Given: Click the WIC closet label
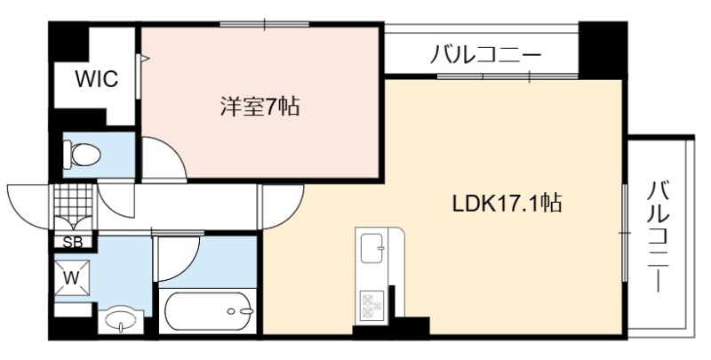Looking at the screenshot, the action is click(x=97, y=79).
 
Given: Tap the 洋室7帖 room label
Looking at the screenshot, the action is click(x=260, y=108).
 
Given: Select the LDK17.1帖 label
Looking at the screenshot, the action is click(x=507, y=204).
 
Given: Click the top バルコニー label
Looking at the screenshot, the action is click(x=485, y=55).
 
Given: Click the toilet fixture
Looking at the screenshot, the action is click(x=82, y=154).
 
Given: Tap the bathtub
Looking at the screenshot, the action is click(x=208, y=311).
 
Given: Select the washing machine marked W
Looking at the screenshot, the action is click(x=72, y=278).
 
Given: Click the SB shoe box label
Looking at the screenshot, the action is click(x=73, y=242).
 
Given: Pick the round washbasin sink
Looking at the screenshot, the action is click(x=121, y=320).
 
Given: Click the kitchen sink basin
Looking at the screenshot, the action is click(x=371, y=248).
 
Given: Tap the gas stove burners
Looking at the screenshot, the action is click(x=371, y=304).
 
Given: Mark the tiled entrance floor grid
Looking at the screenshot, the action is click(x=73, y=202).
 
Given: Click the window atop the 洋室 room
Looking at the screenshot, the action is click(x=264, y=24).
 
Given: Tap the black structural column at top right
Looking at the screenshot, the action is click(x=603, y=50).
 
